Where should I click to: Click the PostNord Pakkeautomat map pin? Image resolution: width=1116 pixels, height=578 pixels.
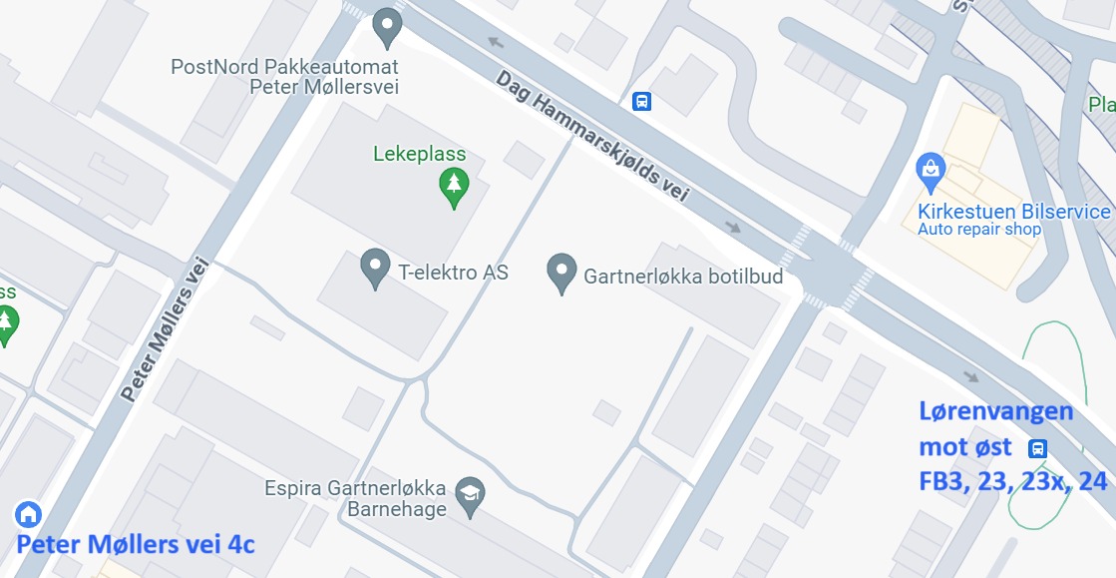point(387,27)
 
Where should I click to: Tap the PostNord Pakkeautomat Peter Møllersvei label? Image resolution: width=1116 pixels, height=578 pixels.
point(285,77)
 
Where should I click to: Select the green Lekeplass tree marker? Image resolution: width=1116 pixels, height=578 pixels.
point(454,187)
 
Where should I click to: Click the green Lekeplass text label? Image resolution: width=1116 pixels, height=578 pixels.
point(419,155)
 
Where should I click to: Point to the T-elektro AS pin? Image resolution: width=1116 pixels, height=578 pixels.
point(375,268)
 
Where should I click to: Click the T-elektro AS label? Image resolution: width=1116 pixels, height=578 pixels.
point(453,273)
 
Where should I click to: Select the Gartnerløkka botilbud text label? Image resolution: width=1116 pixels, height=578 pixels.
point(683,276)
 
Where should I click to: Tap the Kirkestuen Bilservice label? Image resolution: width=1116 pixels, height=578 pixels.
point(1013,212)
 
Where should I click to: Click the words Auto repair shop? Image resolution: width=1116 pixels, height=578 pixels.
point(978,230)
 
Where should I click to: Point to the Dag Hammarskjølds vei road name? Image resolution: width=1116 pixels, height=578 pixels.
point(592,136)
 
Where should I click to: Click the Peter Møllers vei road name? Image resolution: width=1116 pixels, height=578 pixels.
point(164,329)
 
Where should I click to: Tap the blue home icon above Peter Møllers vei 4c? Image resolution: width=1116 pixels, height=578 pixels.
point(28,515)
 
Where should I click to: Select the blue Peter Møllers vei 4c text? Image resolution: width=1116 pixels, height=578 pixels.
point(136,545)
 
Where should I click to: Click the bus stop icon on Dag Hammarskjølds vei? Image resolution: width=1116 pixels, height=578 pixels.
point(642,101)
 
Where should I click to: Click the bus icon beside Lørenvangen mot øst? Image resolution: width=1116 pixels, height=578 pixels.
point(1038,447)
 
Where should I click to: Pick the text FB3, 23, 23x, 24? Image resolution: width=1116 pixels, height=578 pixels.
point(1012,481)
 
